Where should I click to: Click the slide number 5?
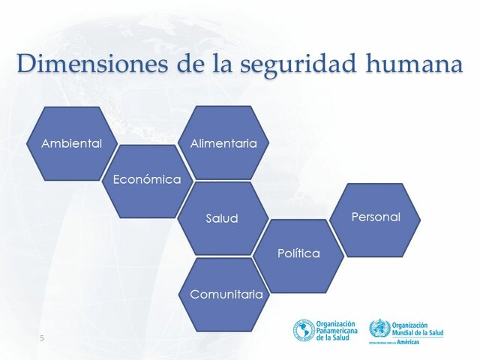(x=42, y=339)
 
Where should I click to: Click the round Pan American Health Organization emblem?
(x=304, y=330)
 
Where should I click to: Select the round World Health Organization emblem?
(x=379, y=328)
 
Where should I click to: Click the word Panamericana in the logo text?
(x=338, y=330)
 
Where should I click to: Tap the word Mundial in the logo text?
(x=406, y=332)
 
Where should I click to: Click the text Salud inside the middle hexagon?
(x=222, y=219)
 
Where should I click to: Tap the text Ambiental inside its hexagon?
(x=71, y=143)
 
